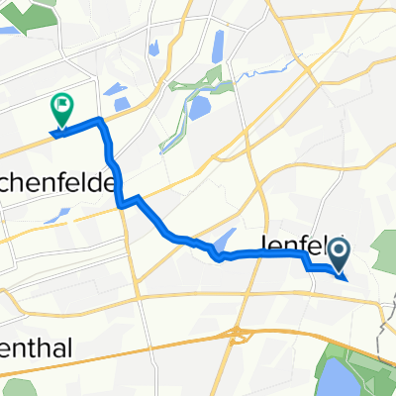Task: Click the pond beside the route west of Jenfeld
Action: click(x=224, y=241)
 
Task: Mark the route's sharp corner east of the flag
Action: click(x=100, y=121)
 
